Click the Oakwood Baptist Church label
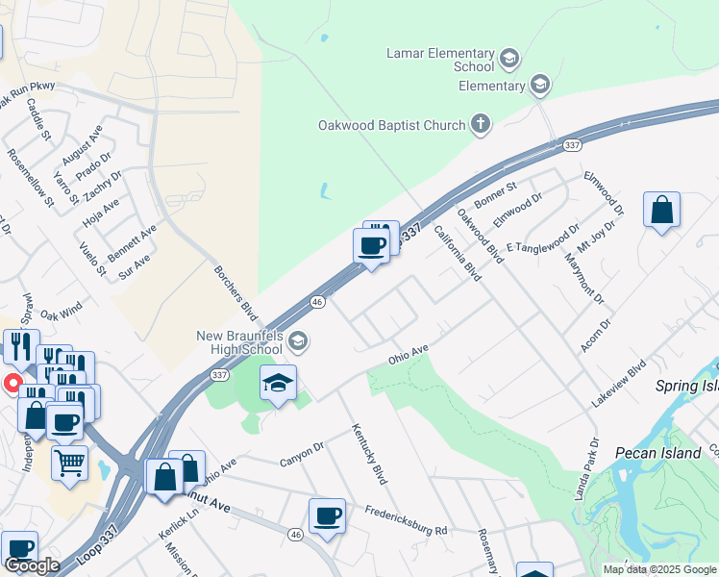pyautogui.click(x=392, y=124)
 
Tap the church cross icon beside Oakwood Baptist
pyautogui.click(x=481, y=124)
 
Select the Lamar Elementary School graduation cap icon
pyautogui.click(x=509, y=60)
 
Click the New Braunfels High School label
pyautogui.click(x=239, y=342)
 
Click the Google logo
pyautogui.click(x=31, y=565)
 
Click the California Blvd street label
pyautogui.click(x=457, y=253)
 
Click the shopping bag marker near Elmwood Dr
pyautogui.click(x=662, y=211)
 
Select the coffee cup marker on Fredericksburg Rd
pyautogui.click(x=327, y=515)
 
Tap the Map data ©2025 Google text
pyautogui.click(x=658, y=569)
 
